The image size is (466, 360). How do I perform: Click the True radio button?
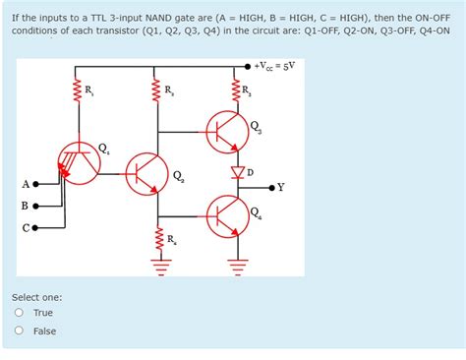[x=19, y=313]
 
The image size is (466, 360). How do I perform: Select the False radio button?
[x=19, y=331]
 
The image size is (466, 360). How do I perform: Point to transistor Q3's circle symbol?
[x=226, y=128]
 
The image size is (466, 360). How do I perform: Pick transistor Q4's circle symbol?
[x=226, y=215]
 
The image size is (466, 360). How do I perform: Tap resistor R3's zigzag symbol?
[x=237, y=93]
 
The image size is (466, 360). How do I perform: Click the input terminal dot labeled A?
[x=36, y=184]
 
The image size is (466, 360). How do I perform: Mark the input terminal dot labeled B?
[x=36, y=207]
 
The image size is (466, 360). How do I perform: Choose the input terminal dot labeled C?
[x=36, y=229]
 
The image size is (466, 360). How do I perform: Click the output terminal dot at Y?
[x=272, y=186]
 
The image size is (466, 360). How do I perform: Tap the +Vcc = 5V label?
[x=277, y=66]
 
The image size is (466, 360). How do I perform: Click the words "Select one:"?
[x=36, y=296]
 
